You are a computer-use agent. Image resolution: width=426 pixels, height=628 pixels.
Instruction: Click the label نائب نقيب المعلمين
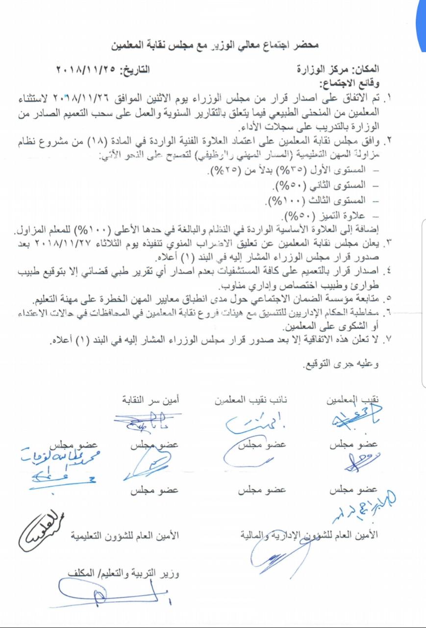251,400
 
